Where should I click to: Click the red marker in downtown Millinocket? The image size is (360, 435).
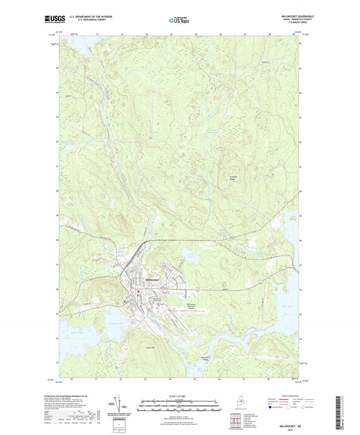[140, 292]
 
